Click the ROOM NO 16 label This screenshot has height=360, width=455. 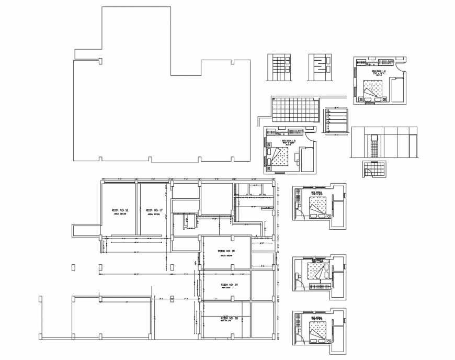coord(120,210)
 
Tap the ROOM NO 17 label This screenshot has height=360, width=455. coord(154,210)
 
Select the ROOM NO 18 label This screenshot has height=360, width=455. coord(226,251)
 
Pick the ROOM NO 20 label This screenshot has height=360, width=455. coord(229,318)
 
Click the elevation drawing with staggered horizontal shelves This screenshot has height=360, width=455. coord(320,67)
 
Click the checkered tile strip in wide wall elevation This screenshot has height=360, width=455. coord(373,146)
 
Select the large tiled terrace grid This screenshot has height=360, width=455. coord(294,110)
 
